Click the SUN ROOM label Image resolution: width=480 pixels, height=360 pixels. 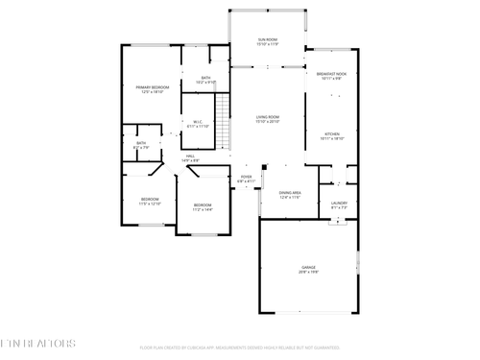pyautogui.click(x=268, y=39)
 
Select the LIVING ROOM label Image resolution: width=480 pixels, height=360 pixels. pyautogui.click(x=268, y=117)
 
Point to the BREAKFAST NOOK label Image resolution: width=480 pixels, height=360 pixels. pyautogui.click(x=331, y=74)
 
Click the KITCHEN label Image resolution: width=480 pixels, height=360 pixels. pyautogui.click(x=331, y=133)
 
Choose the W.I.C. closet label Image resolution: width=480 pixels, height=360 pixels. pyautogui.click(x=197, y=121)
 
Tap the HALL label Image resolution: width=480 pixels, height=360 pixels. pyautogui.click(x=191, y=156)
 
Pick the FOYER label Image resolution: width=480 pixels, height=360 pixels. pyautogui.click(x=246, y=177)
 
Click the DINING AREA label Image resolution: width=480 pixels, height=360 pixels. pyautogui.click(x=291, y=193)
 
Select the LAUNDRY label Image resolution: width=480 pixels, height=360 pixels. pyautogui.click(x=339, y=203)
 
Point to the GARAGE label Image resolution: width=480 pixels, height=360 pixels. pyautogui.click(x=307, y=268)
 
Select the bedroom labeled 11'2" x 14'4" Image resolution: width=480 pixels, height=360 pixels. pyautogui.click(x=202, y=206)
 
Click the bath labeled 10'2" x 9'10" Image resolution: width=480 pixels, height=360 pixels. pyautogui.click(x=206, y=81)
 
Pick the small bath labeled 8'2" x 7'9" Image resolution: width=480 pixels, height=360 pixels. pyautogui.click(x=141, y=145)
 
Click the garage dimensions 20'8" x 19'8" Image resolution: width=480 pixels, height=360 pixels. pyautogui.click(x=307, y=274)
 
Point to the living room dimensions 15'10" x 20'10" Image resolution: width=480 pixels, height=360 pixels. pyautogui.click(x=268, y=123)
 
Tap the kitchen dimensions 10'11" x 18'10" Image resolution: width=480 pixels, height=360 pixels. pyautogui.click(x=331, y=139)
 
